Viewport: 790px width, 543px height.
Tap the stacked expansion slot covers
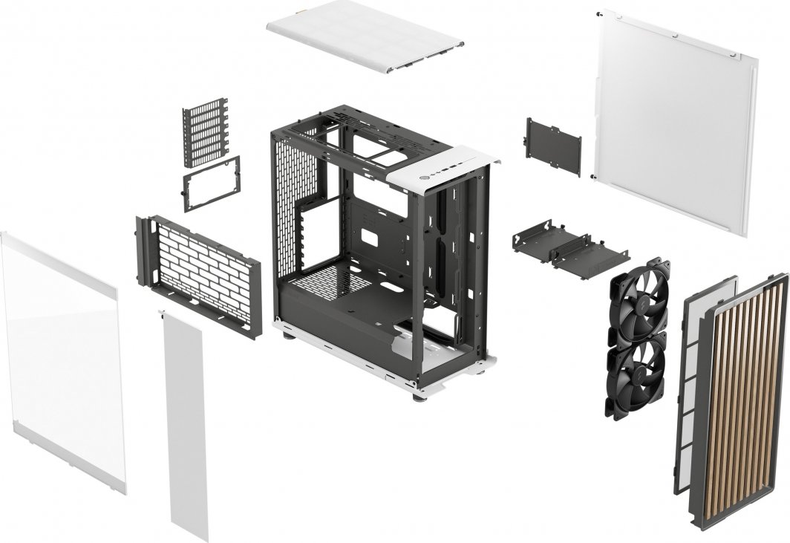tap(206, 131)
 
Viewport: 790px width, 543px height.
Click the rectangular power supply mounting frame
tap(212, 183)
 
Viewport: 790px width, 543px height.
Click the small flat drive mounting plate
tap(554, 145)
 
